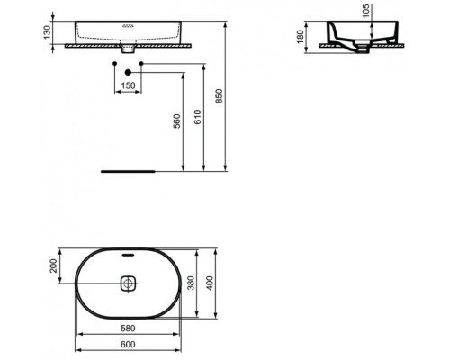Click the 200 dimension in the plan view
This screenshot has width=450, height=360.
coord(54,265)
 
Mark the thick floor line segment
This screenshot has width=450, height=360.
coord(128,169)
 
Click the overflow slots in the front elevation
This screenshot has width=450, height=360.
coord(128,28)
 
